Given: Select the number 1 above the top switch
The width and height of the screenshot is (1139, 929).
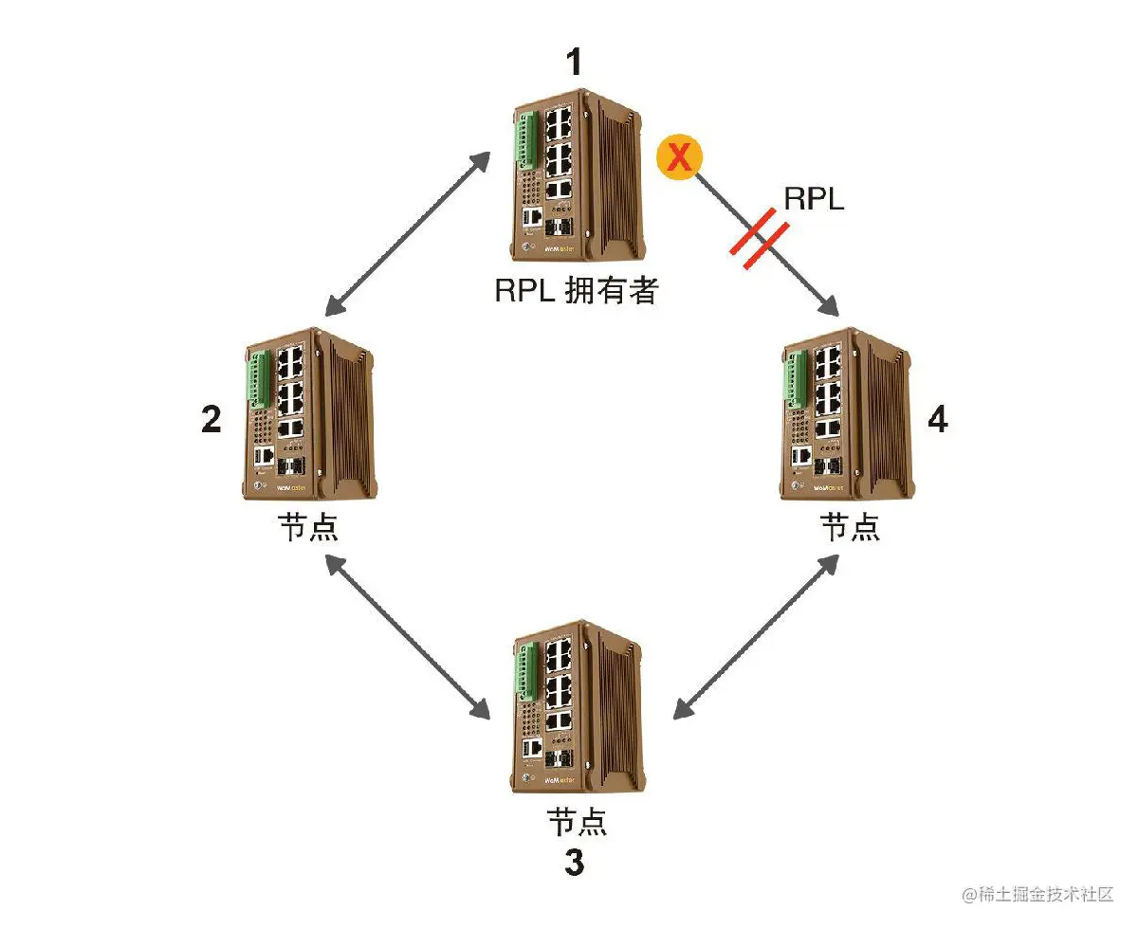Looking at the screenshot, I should tap(573, 62).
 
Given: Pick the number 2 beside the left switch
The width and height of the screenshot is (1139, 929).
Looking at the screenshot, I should tap(211, 419).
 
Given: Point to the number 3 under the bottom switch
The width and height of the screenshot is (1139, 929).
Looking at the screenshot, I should tap(574, 864).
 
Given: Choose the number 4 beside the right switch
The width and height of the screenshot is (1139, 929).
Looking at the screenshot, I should tap(937, 419).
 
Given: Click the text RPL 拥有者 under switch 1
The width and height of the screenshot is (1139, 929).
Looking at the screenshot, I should tap(575, 290).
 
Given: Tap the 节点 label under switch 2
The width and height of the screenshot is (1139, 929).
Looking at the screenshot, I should tap(307, 527).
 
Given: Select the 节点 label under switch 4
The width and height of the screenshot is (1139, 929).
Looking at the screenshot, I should tap(850, 527).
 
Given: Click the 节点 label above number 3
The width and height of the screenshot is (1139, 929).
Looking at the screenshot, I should tap(575, 821).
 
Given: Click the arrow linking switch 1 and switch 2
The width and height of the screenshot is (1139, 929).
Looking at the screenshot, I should tap(408, 233).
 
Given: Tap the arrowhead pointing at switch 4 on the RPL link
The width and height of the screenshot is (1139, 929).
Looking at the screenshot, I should tap(829, 306).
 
